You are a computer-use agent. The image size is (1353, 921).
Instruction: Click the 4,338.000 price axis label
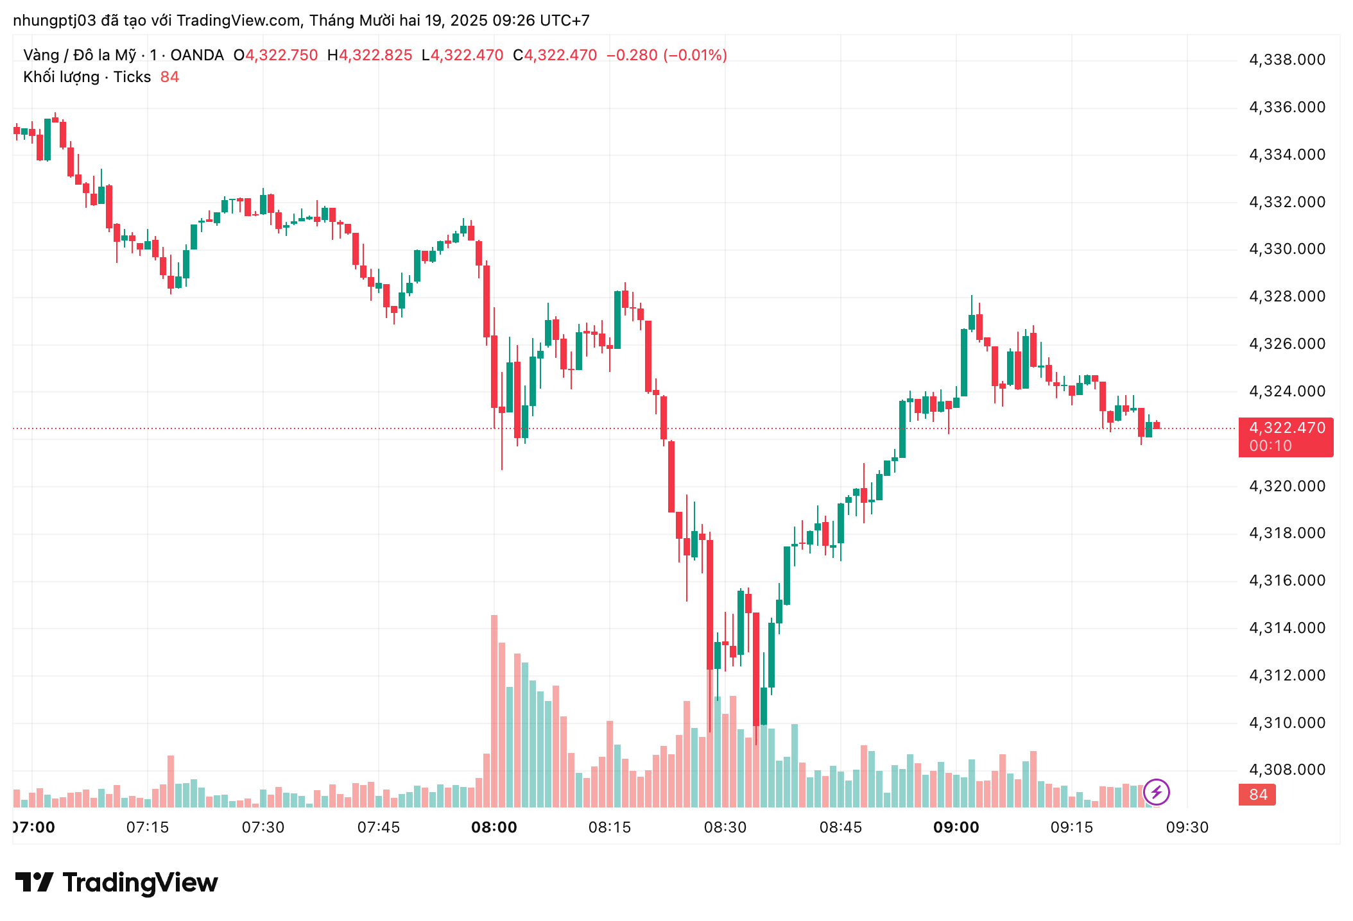point(1286,60)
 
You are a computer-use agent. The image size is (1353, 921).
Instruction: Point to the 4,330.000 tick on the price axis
point(1286,249)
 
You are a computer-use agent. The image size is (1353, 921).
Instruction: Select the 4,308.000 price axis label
point(1286,770)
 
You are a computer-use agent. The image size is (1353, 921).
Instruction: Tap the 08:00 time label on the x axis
point(494,827)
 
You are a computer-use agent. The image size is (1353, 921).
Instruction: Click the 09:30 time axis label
point(1187,827)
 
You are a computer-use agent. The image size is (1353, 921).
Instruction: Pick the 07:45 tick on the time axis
point(378,827)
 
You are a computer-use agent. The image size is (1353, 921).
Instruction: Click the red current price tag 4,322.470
point(1286,428)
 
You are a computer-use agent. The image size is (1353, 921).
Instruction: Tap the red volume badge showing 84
point(1257,795)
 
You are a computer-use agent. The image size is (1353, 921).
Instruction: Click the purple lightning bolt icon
point(1157,792)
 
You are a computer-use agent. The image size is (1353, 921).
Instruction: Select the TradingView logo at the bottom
point(117,883)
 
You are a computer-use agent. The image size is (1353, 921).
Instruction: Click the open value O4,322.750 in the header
point(276,55)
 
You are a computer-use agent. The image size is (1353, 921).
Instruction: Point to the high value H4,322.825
point(370,55)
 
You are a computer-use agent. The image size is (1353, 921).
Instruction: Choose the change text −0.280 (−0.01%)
point(666,55)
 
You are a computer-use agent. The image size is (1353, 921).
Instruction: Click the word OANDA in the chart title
point(197,55)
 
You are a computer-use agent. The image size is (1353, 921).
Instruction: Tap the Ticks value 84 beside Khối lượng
point(169,77)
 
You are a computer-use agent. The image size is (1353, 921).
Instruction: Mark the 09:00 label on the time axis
point(956,827)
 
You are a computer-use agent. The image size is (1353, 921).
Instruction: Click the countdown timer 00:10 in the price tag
point(1270,446)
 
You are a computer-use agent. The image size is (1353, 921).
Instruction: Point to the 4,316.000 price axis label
point(1286,580)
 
